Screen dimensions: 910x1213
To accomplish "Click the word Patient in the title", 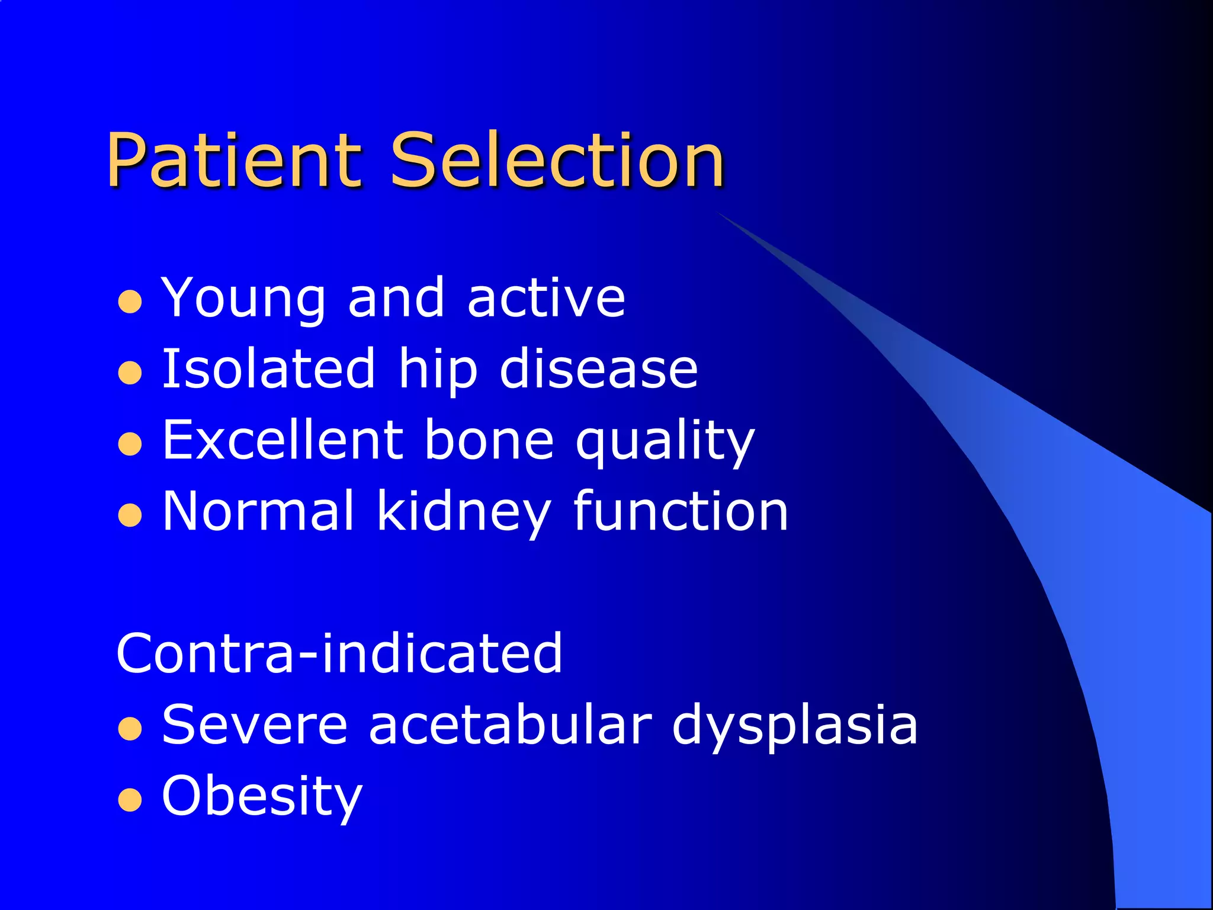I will click(x=233, y=160).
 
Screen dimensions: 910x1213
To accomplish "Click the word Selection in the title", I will click(x=557, y=160).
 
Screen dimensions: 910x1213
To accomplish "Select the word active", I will click(x=546, y=298).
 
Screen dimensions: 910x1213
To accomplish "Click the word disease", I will click(x=599, y=369).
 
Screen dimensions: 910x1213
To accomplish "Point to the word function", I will click(x=681, y=511).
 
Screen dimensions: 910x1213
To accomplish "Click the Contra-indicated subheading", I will click(x=339, y=653).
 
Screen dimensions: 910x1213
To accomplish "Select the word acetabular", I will click(x=510, y=724).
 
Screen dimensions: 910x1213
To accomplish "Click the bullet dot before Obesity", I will click(x=130, y=800).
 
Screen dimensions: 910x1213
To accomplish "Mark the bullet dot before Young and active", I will click(x=130, y=302).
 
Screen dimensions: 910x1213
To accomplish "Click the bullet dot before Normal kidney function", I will click(x=130, y=515).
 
